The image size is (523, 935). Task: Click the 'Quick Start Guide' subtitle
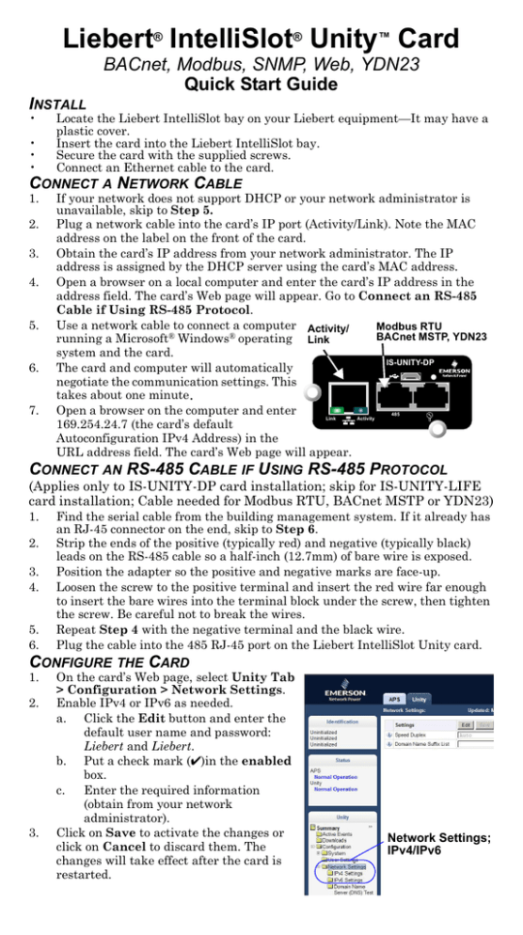pos(261,86)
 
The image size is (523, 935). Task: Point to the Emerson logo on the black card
pos(468,372)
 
